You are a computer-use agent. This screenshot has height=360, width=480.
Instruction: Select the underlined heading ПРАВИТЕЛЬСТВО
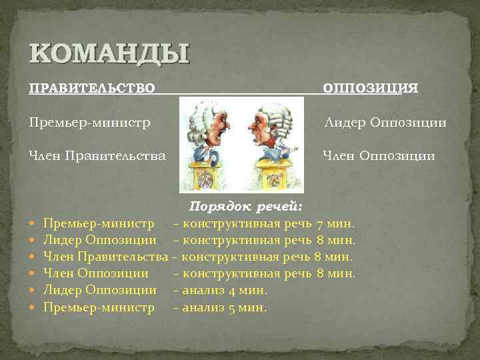click(92, 88)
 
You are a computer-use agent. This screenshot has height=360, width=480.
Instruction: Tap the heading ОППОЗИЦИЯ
click(371, 88)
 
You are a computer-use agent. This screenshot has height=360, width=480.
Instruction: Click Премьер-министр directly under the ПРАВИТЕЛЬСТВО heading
click(89, 123)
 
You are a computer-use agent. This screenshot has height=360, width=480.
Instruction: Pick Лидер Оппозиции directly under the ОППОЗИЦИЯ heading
click(385, 123)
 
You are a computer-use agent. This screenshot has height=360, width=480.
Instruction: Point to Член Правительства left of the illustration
click(97, 156)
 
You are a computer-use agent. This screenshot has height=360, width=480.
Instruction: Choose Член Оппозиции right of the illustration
click(379, 156)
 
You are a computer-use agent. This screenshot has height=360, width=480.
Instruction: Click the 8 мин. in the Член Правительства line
click(333, 256)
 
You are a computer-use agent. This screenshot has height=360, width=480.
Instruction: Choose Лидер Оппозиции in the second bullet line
click(100, 239)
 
